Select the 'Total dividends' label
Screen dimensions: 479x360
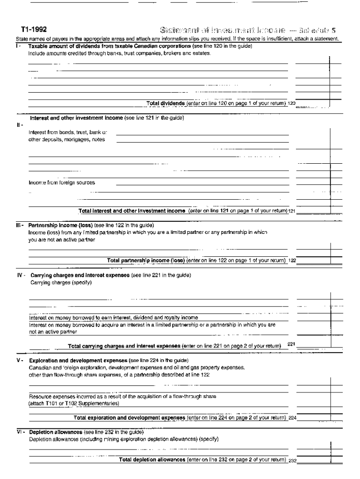coord(166,103)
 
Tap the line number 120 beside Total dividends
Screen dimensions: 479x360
coord(291,104)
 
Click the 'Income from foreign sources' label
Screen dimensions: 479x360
coord(62,183)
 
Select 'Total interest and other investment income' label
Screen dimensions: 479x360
coord(132,211)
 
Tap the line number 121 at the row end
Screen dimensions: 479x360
coord(291,211)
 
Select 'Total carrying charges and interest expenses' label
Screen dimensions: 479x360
coord(124,346)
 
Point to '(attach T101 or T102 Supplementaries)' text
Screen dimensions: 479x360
coord(74,403)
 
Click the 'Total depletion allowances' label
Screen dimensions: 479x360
coord(152,460)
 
